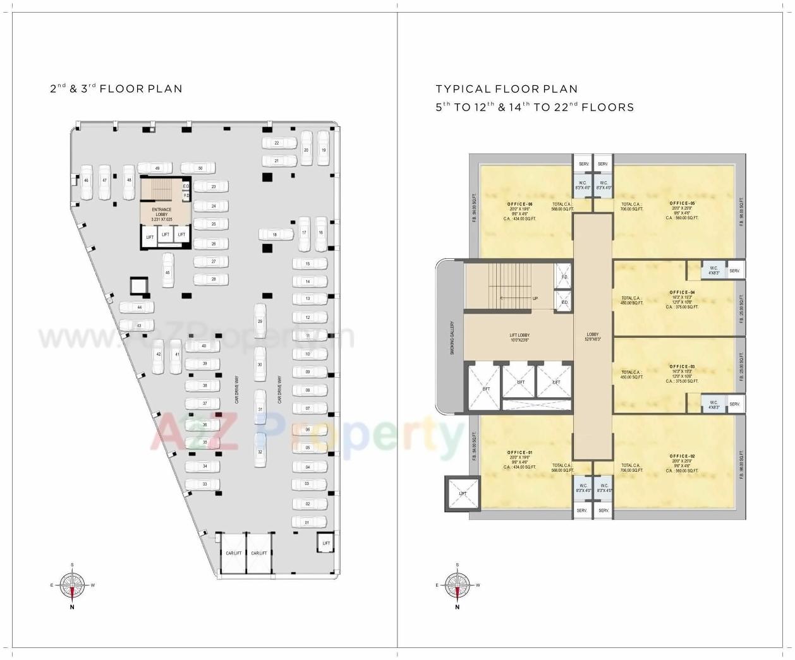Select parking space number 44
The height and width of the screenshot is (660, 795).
pyautogui.click(x=138, y=308)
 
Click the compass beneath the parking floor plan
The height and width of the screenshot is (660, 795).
pyautogui.click(x=72, y=585)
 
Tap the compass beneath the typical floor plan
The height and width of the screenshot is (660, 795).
pyautogui.click(x=457, y=585)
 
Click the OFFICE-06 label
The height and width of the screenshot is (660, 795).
pyautogui.click(x=519, y=205)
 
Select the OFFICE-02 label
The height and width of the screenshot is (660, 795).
pyautogui.click(x=683, y=456)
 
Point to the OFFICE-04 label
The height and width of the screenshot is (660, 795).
pyautogui.click(x=683, y=292)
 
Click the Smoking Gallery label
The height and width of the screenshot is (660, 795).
pyautogui.click(x=452, y=338)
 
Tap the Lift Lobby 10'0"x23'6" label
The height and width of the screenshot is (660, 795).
pyautogui.click(x=519, y=338)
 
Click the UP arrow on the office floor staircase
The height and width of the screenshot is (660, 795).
pyautogui.click(x=535, y=298)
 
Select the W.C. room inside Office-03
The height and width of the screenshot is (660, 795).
pyautogui.click(x=713, y=404)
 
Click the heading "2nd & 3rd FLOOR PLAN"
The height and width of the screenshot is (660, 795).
pyautogui.click(x=116, y=88)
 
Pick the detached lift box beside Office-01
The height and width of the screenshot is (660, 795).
pyautogui.click(x=463, y=494)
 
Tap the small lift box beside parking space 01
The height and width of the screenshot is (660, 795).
pyautogui.click(x=326, y=543)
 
